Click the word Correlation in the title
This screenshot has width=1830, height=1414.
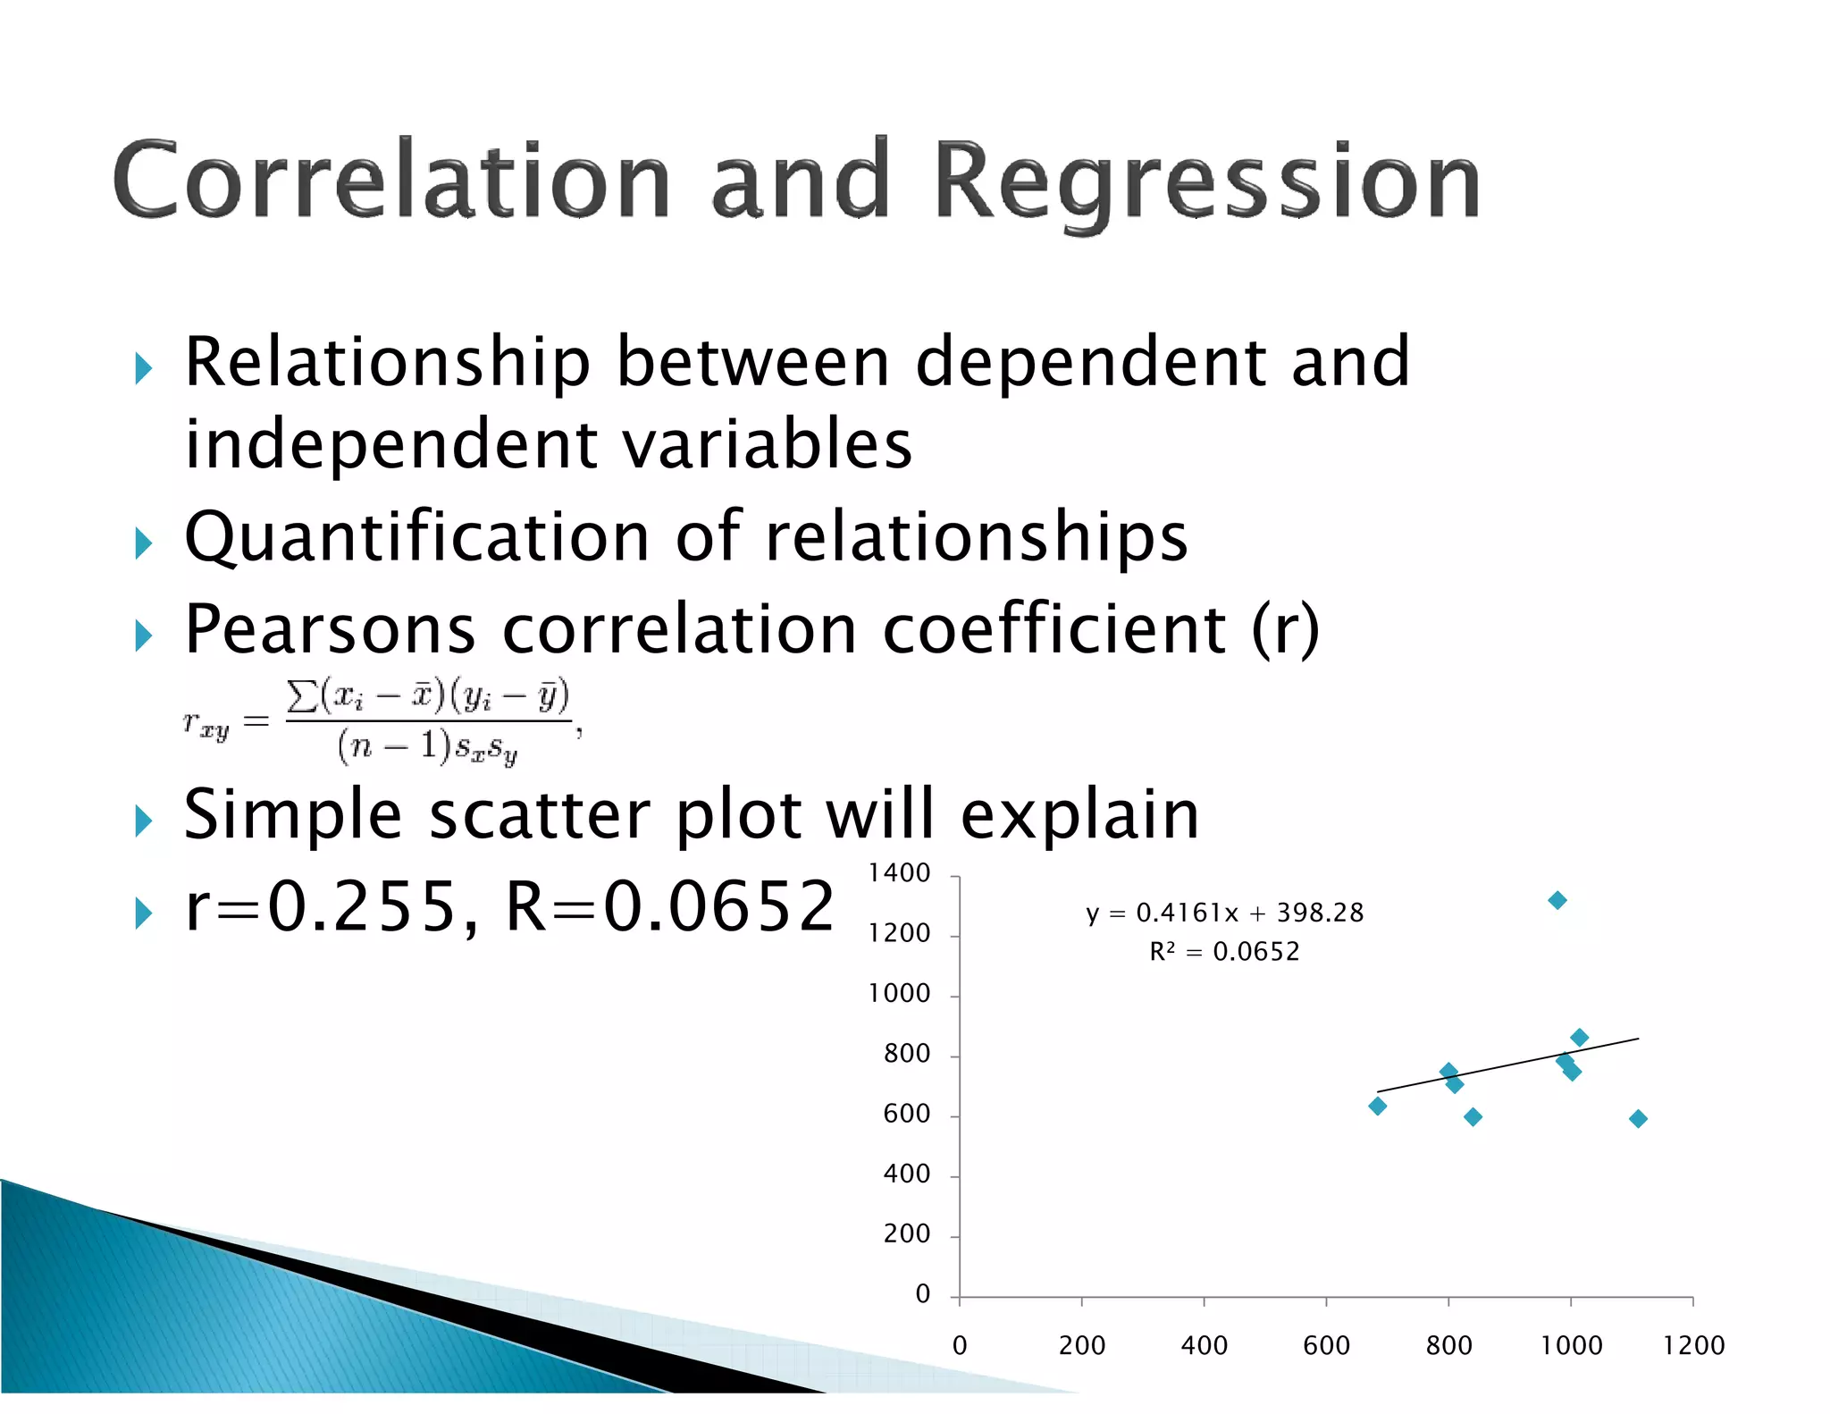click(x=390, y=181)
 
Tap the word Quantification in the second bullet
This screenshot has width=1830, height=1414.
click(x=416, y=538)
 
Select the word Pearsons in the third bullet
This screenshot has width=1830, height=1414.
click(x=330, y=630)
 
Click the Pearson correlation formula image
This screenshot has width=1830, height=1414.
click(x=382, y=722)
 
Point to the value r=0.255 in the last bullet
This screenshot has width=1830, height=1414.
click(x=322, y=907)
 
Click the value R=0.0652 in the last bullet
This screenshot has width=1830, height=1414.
click(x=670, y=907)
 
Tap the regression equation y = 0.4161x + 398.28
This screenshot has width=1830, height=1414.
click(x=1224, y=913)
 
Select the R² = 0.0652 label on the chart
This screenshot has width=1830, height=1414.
click(x=1224, y=952)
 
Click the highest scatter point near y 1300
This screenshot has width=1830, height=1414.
click(x=1557, y=900)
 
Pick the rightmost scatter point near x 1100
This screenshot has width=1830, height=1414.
click(x=1638, y=1119)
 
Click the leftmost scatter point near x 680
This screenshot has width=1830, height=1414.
click(x=1377, y=1107)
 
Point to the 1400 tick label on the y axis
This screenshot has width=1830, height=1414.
click(x=899, y=873)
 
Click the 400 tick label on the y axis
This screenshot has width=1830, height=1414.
click(x=906, y=1174)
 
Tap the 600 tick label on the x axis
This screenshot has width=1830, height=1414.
click(x=1326, y=1346)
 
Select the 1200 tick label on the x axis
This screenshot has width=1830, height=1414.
click(x=1692, y=1346)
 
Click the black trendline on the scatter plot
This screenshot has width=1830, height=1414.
click(x=1510, y=1065)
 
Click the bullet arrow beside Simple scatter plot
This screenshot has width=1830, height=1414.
click(x=144, y=821)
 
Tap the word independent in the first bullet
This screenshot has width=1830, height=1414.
click(x=390, y=445)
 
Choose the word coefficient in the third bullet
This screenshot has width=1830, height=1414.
click(x=1054, y=630)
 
